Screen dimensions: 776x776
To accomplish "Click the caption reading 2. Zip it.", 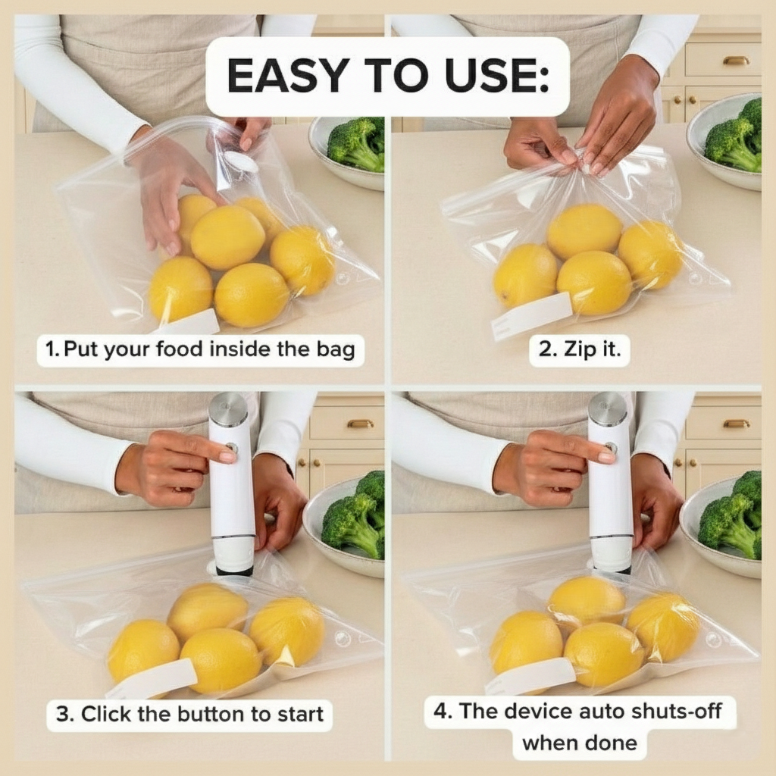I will (x=579, y=350).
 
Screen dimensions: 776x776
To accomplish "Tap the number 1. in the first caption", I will (x=52, y=350).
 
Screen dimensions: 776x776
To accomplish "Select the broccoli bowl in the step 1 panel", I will (x=349, y=152).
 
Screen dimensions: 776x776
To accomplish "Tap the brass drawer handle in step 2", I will (x=735, y=61).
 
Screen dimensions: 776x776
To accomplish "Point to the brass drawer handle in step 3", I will (x=359, y=424).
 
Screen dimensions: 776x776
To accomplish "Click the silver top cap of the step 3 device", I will (x=228, y=410).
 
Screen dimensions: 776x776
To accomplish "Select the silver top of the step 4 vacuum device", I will (x=607, y=409).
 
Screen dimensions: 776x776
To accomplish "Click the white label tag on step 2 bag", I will (x=531, y=315).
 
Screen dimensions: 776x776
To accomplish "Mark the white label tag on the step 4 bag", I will (x=530, y=675).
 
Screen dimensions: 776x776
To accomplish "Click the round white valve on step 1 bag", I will (x=240, y=161).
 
